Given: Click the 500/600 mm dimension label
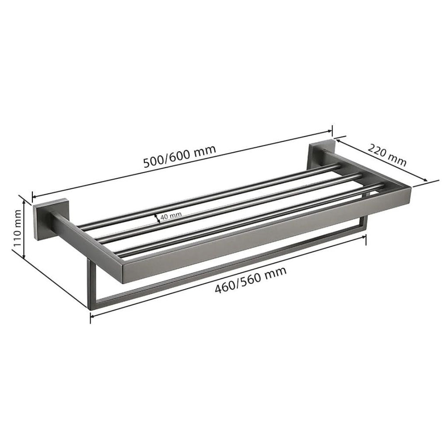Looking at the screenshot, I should tap(180, 156).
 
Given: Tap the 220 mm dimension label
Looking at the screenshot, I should tap(387, 156).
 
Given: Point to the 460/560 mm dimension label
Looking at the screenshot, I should tap(251, 281).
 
